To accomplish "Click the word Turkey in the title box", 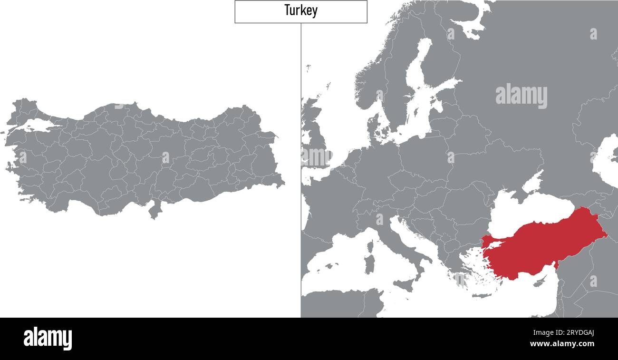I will tap(300, 10).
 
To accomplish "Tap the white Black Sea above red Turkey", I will tap(528, 209).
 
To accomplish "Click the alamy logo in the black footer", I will tap(48, 338).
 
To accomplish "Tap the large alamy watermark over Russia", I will tap(521, 96).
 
